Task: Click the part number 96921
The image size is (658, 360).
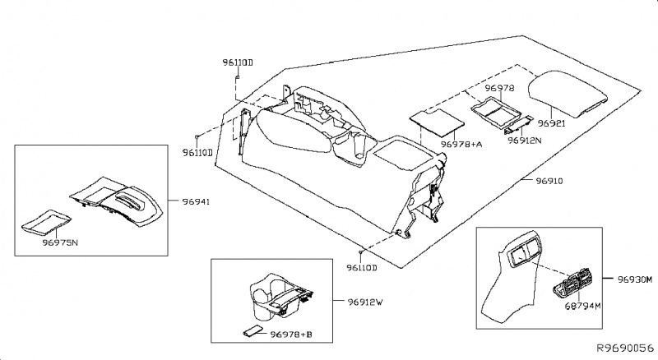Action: [551, 122]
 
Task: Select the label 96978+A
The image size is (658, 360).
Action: [461, 144]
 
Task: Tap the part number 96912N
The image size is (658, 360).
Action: [524, 141]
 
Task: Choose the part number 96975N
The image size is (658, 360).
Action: [60, 242]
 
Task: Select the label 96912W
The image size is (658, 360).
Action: [359, 302]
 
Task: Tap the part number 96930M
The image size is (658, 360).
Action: [633, 279]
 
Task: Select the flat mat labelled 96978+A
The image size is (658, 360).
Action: [436, 121]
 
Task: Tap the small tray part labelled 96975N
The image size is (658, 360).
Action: [45, 219]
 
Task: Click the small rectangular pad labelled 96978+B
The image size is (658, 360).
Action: [253, 332]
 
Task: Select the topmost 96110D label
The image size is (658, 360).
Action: [236, 62]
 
